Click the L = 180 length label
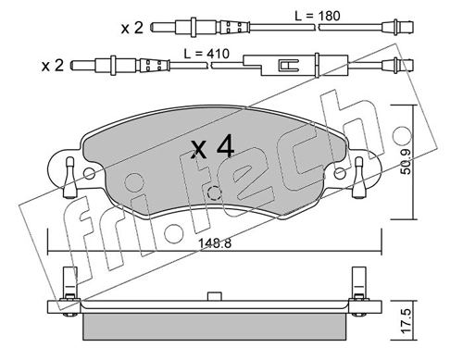[318, 16]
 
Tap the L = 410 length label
[206, 54]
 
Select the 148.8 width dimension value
[215, 243]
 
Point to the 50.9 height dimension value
[407, 161]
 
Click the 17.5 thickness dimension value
[407, 321]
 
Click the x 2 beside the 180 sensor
[132, 29]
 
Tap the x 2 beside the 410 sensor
[53, 66]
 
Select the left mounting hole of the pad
[90, 173]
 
